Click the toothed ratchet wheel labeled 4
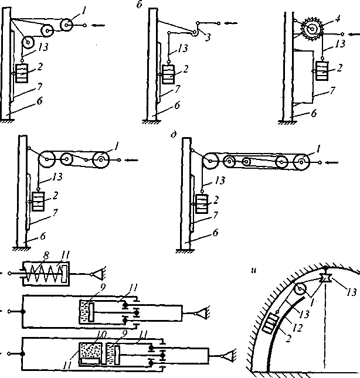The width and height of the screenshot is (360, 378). (x=312, y=29)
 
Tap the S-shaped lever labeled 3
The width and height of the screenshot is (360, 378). (x=198, y=28)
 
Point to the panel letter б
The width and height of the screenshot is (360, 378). (x=140, y=4)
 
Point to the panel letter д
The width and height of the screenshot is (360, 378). (x=174, y=134)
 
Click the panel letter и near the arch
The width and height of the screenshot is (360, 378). (x=253, y=271)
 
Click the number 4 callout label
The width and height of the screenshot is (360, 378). (x=338, y=19)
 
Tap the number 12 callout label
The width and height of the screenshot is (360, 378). (x=297, y=328)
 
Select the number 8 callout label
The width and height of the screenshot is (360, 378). (x=46, y=256)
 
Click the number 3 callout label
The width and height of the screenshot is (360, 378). (x=208, y=38)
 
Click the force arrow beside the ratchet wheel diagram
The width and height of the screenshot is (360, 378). (x=354, y=34)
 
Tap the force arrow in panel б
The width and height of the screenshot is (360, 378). (x=231, y=23)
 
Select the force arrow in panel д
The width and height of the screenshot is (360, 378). (x=332, y=162)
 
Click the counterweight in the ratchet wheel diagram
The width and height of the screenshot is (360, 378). (x=322, y=71)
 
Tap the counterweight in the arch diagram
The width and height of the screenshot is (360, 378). (x=271, y=323)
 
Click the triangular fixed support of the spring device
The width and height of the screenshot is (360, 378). (x=98, y=274)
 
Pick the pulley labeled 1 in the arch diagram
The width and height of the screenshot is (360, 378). (x=300, y=288)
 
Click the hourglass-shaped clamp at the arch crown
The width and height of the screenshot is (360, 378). (x=325, y=278)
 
